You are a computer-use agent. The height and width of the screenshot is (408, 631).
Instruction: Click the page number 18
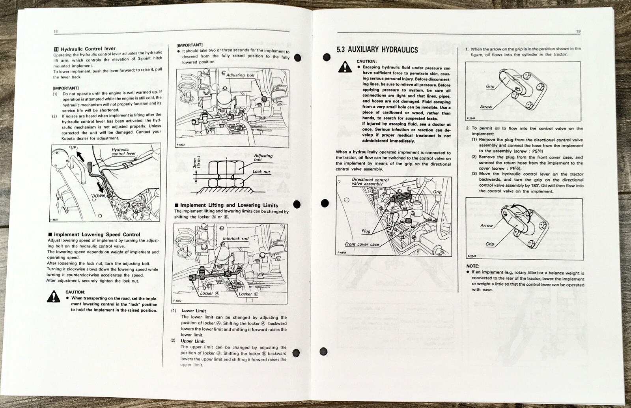tap(56, 32)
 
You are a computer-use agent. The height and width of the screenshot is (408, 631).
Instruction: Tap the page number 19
tap(578, 32)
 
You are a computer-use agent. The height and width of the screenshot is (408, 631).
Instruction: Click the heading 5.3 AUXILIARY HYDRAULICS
tap(377, 50)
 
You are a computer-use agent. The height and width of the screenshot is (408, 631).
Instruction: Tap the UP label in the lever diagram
tap(73, 148)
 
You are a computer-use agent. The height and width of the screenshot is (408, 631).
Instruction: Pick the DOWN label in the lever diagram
tap(97, 195)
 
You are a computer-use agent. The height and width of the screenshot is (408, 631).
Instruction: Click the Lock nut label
tap(261, 172)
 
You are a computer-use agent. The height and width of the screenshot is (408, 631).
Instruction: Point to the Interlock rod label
tap(235, 239)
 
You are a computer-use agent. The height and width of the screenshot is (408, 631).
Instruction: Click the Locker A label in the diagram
tap(207, 294)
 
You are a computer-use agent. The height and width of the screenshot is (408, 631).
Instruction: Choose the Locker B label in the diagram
tap(248, 294)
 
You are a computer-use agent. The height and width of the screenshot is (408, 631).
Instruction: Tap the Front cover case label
tap(362, 244)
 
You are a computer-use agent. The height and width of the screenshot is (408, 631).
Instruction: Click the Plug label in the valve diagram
tap(366, 231)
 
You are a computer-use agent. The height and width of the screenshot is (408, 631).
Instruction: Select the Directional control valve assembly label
tap(370, 182)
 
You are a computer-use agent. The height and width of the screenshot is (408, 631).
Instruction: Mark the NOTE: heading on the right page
tap(472, 266)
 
